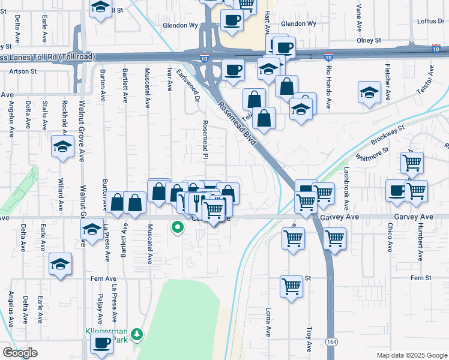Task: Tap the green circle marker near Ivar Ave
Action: coord(178,227)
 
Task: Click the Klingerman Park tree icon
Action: coord(137,334)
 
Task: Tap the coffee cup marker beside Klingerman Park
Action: coord(101,343)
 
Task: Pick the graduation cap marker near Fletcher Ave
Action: coord(369,93)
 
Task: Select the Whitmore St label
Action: coord(373,157)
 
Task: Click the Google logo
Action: coord(20,353)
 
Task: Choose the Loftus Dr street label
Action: coord(431,21)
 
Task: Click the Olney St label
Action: coord(369,40)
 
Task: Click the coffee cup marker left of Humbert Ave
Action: coord(396,190)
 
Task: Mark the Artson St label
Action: coord(23,71)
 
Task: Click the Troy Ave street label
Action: coord(309,339)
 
